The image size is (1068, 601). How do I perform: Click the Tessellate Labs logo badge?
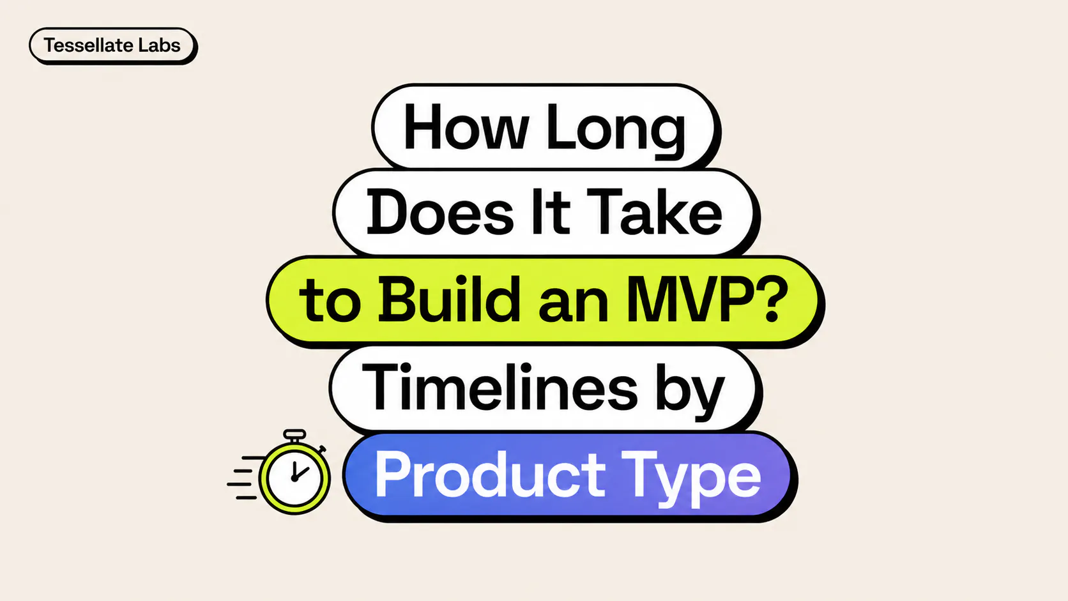(112, 46)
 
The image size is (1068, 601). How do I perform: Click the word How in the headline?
(466, 128)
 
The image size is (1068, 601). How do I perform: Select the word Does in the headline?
(440, 213)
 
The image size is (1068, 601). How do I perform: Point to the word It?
(550, 213)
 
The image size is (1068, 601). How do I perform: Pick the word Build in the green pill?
(449, 300)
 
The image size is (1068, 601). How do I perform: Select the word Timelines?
(500, 388)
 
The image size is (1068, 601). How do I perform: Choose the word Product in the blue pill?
(490, 475)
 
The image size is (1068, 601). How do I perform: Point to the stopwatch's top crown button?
(294, 434)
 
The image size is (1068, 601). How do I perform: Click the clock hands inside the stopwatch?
(296, 473)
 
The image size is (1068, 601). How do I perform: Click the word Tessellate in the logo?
(88, 45)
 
